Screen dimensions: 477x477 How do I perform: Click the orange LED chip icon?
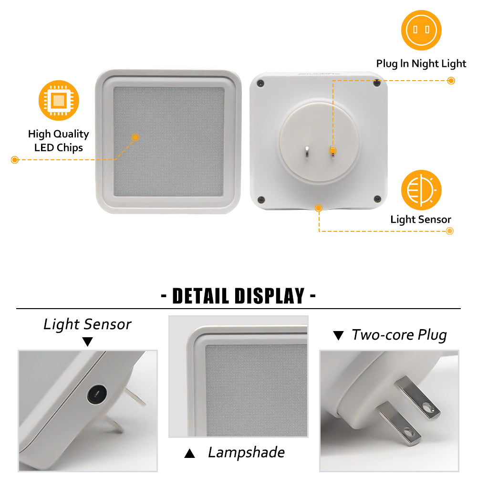pos(59,100)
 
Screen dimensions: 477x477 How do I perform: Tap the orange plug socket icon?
pos(421,30)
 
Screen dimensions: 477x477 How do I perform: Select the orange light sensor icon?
pos(421,190)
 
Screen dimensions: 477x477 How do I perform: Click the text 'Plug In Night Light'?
pos(421,63)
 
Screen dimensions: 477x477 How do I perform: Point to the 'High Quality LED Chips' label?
pos(58,141)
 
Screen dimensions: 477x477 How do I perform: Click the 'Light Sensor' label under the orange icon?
pos(421,219)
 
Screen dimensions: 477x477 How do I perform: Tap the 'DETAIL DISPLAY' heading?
pos(238,296)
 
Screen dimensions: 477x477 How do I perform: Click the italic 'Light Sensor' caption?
pos(87,324)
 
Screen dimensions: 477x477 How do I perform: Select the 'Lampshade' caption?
pos(247,452)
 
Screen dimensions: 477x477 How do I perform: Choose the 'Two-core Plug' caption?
pos(399,335)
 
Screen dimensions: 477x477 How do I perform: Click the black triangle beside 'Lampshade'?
pos(189,453)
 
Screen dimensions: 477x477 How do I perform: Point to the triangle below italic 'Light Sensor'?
pos(88,342)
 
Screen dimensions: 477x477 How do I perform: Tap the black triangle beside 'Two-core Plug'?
pos(338,335)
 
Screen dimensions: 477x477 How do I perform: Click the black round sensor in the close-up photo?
pos(97,394)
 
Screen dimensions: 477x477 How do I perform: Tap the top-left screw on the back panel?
pos(261,83)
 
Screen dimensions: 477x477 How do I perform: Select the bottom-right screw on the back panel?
pos(377,199)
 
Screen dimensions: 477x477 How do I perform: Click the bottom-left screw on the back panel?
pos(261,200)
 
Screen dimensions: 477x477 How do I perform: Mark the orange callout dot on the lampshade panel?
pos(135,137)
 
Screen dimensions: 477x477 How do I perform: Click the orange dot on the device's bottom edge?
pos(319,208)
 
